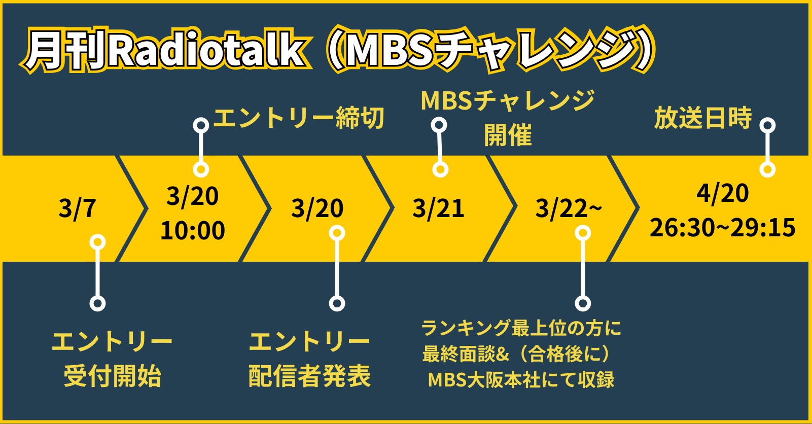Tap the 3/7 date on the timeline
pos(77,208)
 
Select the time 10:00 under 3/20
pos(193,230)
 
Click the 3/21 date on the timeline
pos(438,208)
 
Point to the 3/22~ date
pos(569,208)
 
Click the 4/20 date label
pos(722,193)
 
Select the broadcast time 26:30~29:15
pos(722,228)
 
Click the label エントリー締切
pos(299,118)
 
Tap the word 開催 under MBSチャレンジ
pos(508,135)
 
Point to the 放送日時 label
pos(703,118)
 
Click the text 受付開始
pos(113,376)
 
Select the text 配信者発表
pos(309,376)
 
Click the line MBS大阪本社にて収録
pos(521,380)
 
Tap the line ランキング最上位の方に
pos(521,328)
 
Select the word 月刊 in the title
pos(65,50)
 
